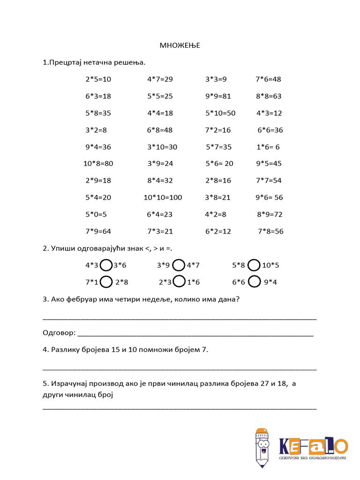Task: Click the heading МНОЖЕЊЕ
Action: coord(180,45)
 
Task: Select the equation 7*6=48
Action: coord(268,79)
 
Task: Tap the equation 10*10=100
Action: coord(163,197)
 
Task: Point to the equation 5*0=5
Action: coord(96,214)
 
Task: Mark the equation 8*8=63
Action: coord(269,96)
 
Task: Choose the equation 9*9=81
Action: coord(218,96)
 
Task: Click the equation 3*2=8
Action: coord(96,130)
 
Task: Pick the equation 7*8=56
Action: coord(270,231)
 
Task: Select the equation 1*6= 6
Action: coord(268,147)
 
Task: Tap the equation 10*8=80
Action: coord(98,164)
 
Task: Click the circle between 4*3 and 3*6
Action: coord(106,265)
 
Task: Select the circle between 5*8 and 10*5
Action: coord(254,265)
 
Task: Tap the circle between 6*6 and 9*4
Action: coord(254,282)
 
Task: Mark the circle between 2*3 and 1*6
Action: coord(179,282)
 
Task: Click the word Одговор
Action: coord(59,333)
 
